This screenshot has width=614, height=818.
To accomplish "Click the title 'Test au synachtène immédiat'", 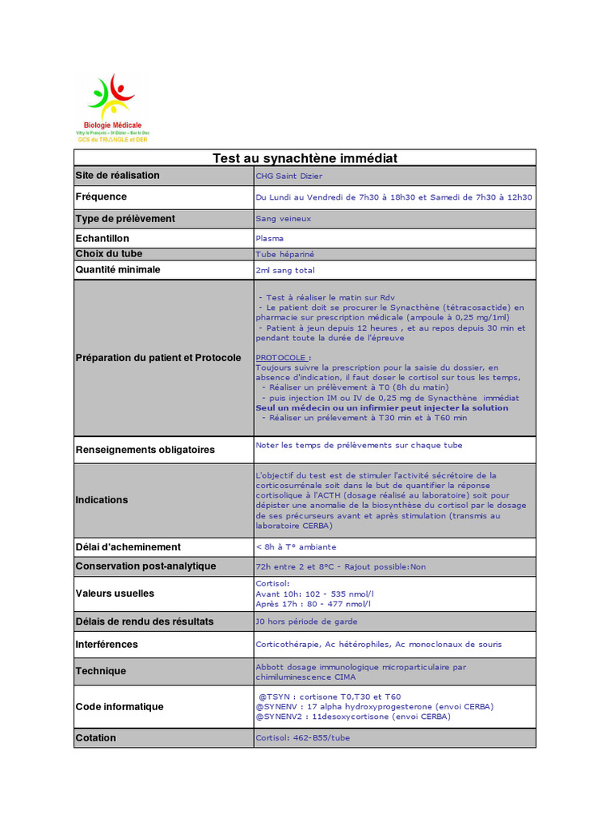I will pos(305,158).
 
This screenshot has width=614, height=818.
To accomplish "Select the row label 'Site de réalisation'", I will pos(118,176).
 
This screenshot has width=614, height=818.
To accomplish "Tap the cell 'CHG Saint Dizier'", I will pos(289,177).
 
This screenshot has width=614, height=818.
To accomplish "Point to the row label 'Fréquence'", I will pos(102,197).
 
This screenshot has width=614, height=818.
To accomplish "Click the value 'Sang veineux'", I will pos(283,218).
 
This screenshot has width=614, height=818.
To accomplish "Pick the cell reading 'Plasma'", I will pos(269,238).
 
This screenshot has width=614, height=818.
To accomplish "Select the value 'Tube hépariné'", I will pos(285,254).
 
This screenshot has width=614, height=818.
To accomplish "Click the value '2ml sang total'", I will pos(285,271).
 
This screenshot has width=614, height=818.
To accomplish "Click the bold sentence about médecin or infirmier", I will pos(381,407).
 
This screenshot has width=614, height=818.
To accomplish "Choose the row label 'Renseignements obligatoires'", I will pos(145,450).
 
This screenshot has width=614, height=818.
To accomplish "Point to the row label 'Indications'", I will pos(102,500).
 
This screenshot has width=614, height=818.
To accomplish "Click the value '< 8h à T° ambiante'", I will pos(296,547).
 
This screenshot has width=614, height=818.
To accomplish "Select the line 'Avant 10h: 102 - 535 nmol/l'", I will pos(314,594).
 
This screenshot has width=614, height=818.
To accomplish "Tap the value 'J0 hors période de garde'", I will pos(306,621).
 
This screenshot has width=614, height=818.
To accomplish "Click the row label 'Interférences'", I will pos(106,645).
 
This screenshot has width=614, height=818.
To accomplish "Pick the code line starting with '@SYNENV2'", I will pos(353,717).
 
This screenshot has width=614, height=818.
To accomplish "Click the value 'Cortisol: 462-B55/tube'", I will pos(302,738).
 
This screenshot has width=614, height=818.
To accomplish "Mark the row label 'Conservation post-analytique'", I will pos(146,566).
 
